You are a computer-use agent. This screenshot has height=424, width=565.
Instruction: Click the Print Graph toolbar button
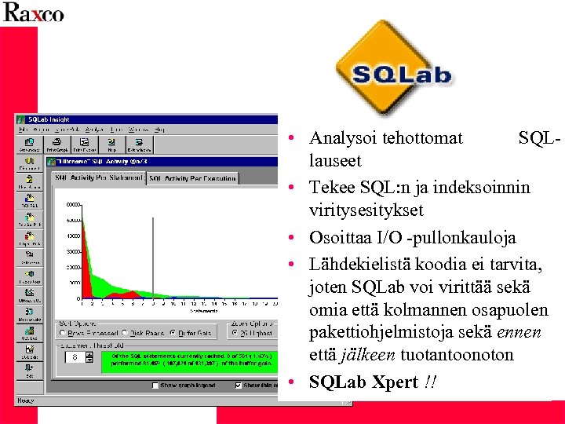point(56,144)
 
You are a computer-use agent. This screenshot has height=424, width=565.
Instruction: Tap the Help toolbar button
point(111,144)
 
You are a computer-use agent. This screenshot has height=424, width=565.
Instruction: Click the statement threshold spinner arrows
point(75,357)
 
